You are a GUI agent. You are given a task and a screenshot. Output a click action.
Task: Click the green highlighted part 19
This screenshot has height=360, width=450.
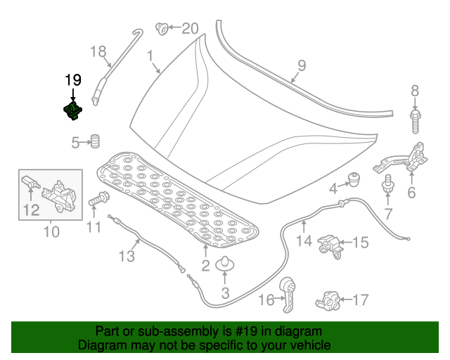(x=72, y=110)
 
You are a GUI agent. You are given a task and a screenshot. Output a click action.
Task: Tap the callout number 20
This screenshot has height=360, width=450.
(x=191, y=29)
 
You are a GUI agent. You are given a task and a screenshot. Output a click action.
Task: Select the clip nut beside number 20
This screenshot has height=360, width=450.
(x=161, y=28)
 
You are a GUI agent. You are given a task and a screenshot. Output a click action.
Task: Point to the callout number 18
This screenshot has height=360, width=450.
(x=98, y=51)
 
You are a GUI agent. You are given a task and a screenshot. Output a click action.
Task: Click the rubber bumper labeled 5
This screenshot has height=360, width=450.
(x=91, y=141)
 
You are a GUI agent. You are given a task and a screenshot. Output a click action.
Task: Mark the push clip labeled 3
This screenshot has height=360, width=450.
(x=225, y=264)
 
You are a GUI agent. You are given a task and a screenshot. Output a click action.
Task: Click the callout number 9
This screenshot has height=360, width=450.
(x=301, y=66)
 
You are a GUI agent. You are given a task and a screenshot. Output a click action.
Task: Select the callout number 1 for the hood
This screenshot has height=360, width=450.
(x=150, y=56)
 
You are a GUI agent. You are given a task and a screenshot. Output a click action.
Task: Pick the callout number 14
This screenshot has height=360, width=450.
(x=303, y=241)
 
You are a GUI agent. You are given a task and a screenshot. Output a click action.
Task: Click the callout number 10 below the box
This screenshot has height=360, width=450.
(x=51, y=231)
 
